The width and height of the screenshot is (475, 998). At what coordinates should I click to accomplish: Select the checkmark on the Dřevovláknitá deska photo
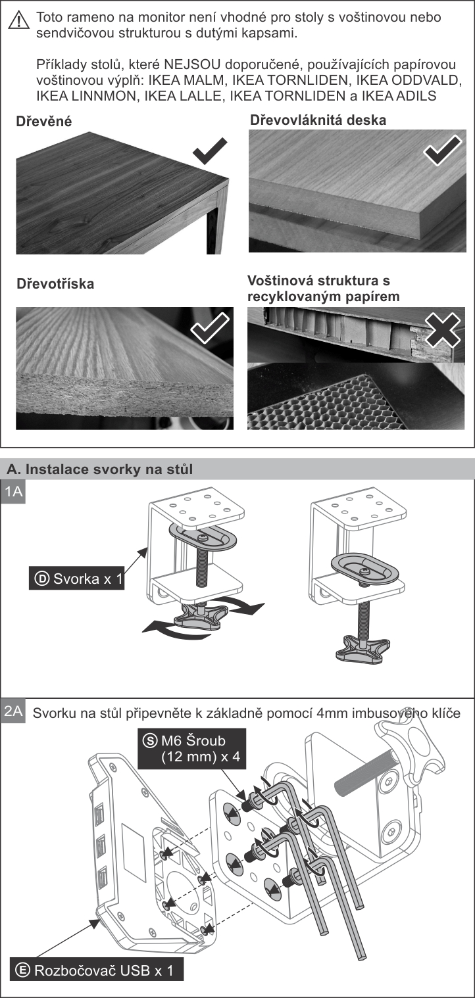(x=442, y=151)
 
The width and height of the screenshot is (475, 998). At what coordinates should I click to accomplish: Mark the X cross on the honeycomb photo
(x=443, y=329)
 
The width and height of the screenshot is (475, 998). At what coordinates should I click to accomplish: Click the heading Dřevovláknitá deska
(x=318, y=120)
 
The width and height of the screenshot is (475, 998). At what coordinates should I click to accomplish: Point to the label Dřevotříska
(x=55, y=284)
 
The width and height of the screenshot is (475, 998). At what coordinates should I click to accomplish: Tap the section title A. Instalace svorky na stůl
(x=99, y=469)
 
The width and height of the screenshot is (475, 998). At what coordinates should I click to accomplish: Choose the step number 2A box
(x=14, y=711)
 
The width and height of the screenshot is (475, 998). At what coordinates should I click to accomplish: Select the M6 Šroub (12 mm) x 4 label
(x=191, y=749)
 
